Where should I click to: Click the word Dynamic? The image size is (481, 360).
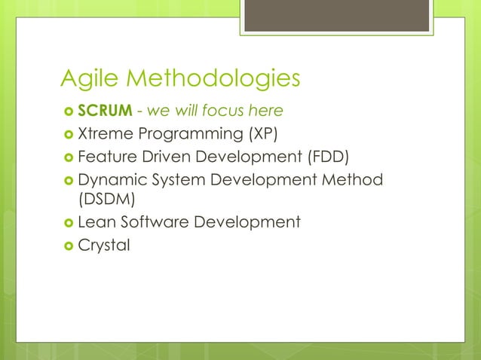coord(108,179)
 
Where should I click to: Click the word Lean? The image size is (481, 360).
coord(95,222)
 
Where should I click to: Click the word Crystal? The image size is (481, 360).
coord(104,245)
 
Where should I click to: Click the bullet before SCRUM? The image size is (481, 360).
coord(67,112)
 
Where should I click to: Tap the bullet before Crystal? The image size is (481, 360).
coord(67,246)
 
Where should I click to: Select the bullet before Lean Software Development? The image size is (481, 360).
coord(67,223)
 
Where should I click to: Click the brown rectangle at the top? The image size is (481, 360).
coord(338,15)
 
